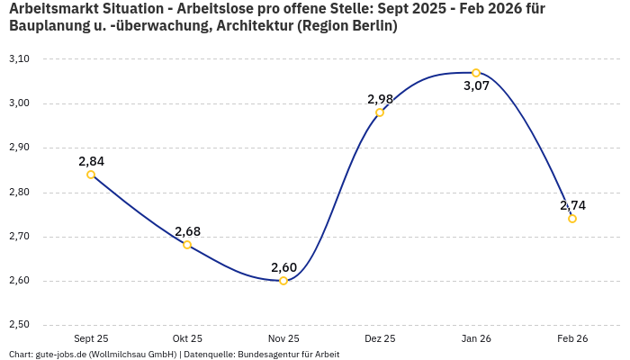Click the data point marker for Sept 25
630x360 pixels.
point(91,175)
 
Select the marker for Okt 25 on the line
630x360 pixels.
point(187,245)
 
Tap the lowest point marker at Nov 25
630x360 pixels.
point(283,281)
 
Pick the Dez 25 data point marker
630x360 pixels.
point(380,112)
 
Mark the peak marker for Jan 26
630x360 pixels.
point(476,73)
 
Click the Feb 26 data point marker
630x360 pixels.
point(572,219)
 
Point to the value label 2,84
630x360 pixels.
point(91,161)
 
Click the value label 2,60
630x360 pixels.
point(283,267)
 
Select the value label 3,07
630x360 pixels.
point(476,86)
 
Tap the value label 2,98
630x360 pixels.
point(380,99)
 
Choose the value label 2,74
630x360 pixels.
point(572,205)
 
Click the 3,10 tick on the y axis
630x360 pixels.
point(19,59)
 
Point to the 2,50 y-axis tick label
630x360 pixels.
point(19,325)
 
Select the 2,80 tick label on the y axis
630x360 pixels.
point(19,193)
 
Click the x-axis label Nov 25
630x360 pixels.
point(283,339)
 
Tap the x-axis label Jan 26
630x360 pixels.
point(476,339)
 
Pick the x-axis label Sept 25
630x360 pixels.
point(91,339)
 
